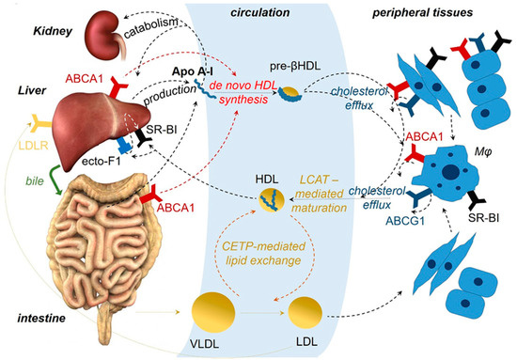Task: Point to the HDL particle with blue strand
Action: coord(270,197)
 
